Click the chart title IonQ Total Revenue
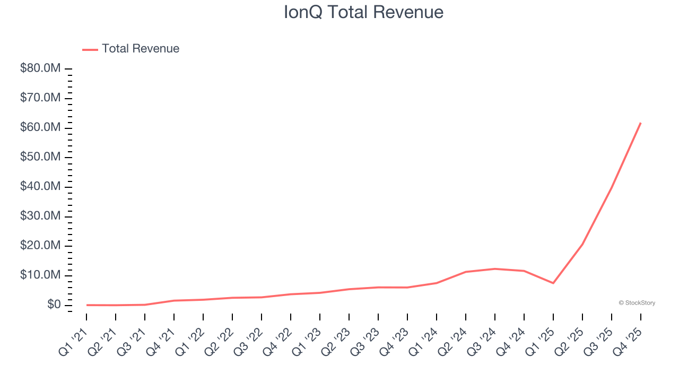pyautogui.click(x=363, y=12)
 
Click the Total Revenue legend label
pyautogui.click(x=141, y=49)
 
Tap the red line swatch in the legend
pyautogui.click(x=90, y=49)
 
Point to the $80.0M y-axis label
pyautogui.click(x=40, y=69)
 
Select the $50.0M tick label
pyautogui.click(x=40, y=158)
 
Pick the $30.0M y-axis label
pyautogui.click(x=40, y=216)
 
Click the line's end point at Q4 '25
pyautogui.click(x=641, y=123)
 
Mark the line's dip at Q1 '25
pyautogui.click(x=553, y=283)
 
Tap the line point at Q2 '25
pyautogui.click(x=582, y=244)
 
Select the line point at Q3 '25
pyautogui.click(x=612, y=187)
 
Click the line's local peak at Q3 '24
pyautogui.click(x=495, y=269)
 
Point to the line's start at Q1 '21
pyautogui.click(x=87, y=305)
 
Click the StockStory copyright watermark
pyautogui.click(x=637, y=303)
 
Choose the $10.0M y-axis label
pyautogui.click(x=40, y=275)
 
